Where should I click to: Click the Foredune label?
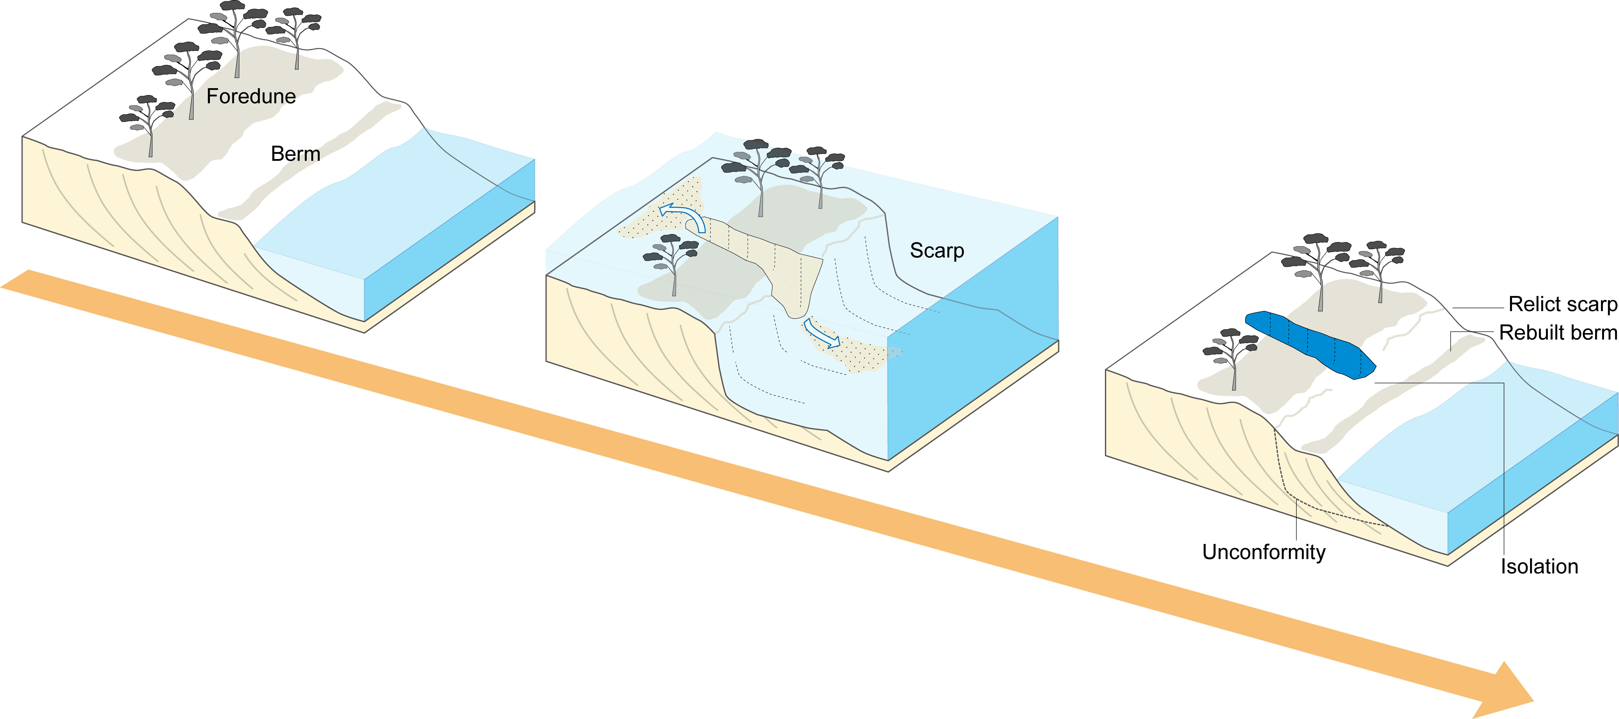[251, 96]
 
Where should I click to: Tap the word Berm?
[295, 154]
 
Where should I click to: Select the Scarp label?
[936, 251]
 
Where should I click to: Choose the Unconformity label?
[1263, 552]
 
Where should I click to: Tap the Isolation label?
[1539, 566]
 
